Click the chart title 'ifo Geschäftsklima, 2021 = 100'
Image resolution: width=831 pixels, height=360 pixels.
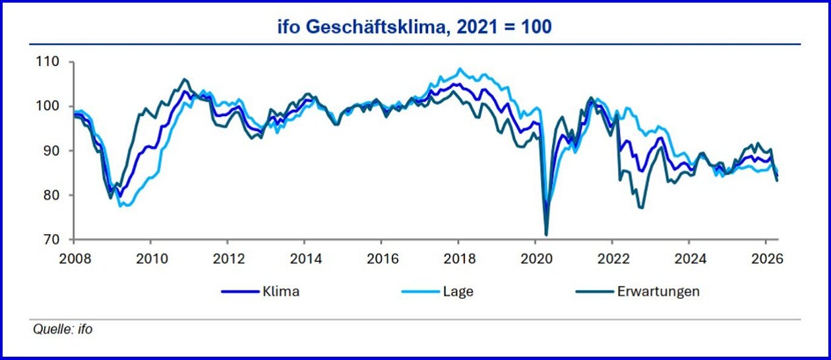tap(415, 28)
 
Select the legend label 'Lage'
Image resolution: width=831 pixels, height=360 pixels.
tap(458, 291)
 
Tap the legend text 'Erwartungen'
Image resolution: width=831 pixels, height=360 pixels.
tap(658, 291)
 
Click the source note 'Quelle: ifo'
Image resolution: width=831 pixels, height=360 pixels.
tap(63, 329)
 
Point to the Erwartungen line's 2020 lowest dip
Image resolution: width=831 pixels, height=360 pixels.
tap(546, 234)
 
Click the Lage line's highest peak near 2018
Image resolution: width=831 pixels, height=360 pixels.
tap(460, 69)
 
